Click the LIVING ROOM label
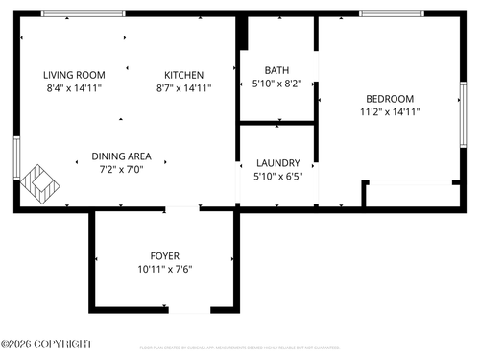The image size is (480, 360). [74, 75]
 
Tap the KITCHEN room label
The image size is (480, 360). [183, 75]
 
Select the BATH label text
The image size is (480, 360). [276, 70]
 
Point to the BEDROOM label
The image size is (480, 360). [390, 99]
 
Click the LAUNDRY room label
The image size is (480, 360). [277, 163]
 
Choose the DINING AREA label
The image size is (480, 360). [121, 156]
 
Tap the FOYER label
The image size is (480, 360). [164, 256]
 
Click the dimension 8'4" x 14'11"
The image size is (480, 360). [74, 87]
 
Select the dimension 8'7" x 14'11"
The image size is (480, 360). [183, 87]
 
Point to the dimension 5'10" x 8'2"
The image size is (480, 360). [276, 84]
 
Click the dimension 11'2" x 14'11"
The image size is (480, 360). [390, 111]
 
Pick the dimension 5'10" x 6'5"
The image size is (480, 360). [277, 177]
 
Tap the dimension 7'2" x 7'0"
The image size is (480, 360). [121, 170]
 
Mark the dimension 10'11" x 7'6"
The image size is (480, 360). [164, 270]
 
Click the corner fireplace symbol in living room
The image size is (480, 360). [40, 182]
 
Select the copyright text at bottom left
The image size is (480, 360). [46, 344]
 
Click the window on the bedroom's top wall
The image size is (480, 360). [392, 13]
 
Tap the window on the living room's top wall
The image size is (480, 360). [84, 13]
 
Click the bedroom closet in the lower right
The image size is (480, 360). [412, 195]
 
